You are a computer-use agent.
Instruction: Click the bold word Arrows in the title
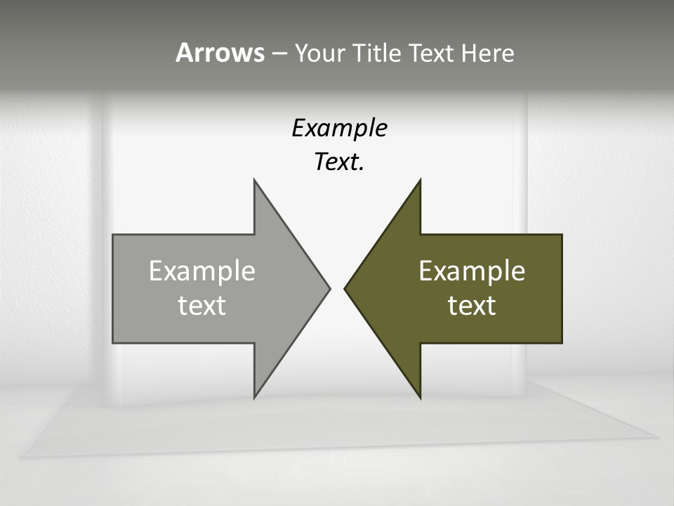[219, 53]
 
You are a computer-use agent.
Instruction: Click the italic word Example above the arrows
[339, 129]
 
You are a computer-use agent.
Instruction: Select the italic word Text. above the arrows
[339, 162]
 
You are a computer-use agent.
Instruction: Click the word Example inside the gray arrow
[201, 271]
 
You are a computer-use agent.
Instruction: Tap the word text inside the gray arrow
[201, 306]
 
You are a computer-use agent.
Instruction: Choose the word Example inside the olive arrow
[472, 271]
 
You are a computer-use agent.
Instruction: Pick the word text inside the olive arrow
[472, 306]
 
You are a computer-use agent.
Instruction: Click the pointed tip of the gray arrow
[329, 288]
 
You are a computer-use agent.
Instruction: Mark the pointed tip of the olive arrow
[345, 288]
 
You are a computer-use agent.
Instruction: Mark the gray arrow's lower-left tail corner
[114, 342]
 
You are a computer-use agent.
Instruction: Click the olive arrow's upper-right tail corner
[561, 235]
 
